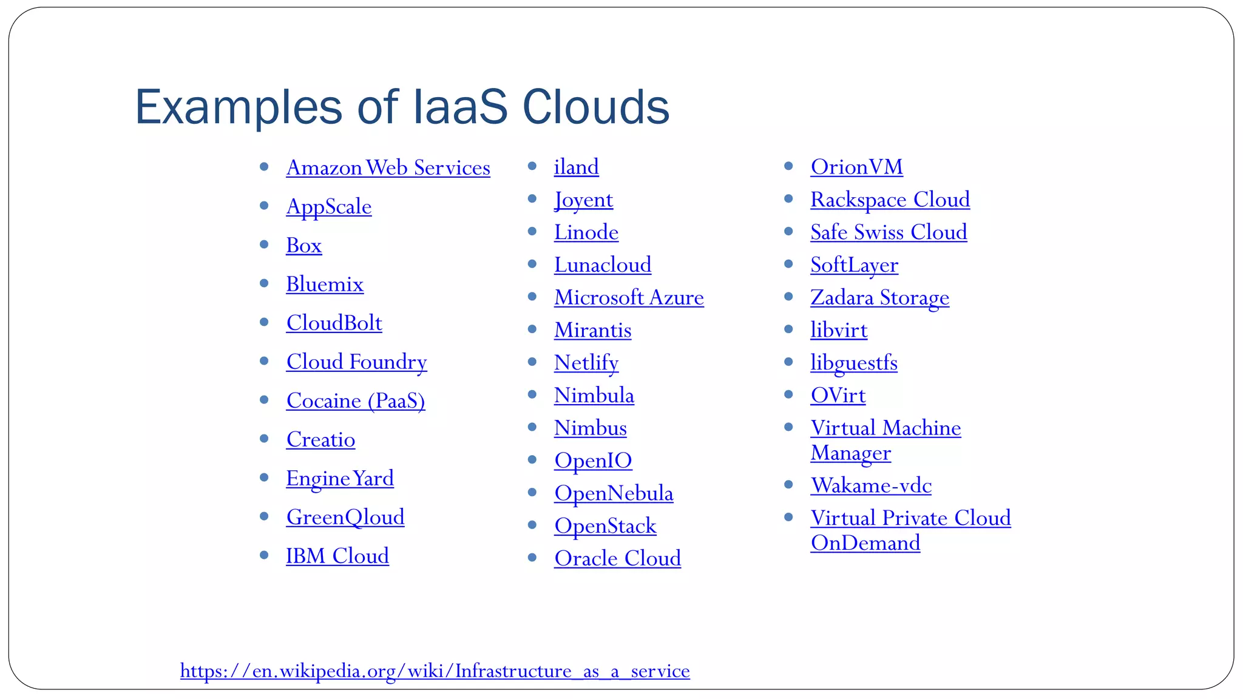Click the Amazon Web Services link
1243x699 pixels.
point(388,168)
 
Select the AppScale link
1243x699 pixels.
point(328,207)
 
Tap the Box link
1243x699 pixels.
point(303,246)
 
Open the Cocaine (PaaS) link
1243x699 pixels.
point(356,401)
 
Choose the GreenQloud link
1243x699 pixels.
point(345,518)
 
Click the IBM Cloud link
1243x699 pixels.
point(337,556)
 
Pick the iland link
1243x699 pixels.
point(576,167)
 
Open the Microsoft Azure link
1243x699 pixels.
point(629,298)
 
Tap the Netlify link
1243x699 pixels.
point(586,363)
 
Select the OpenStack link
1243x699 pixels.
point(605,526)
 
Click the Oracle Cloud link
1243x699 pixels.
point(617,559)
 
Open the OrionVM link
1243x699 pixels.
point(856,167)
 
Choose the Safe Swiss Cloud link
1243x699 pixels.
point(889,232)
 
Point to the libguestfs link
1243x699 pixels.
point(853,363)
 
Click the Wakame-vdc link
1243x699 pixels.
point(871,486)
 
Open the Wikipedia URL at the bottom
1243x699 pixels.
point(435,671)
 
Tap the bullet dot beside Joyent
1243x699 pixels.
point(532,198)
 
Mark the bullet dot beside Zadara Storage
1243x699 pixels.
point(788,297)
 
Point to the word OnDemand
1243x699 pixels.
point(865,543)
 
